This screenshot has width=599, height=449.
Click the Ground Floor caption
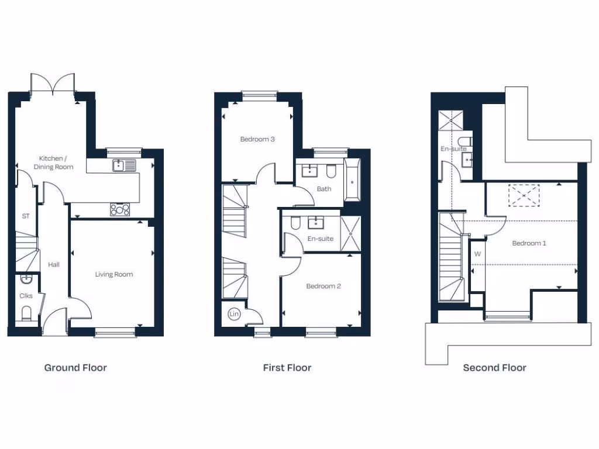75,368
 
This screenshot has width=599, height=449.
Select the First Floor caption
287,368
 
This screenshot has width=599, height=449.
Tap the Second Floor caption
494,368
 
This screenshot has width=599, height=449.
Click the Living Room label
114,274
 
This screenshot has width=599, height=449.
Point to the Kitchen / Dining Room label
56,163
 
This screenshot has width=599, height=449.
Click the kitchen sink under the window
125,165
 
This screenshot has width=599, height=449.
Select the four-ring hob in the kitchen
120,209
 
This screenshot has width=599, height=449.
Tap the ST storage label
26,216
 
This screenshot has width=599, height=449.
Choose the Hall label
54,265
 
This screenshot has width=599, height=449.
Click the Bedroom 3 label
257,139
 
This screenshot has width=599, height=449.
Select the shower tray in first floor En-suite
351,234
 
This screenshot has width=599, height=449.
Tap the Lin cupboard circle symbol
234,315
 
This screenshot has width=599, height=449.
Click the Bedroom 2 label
323,286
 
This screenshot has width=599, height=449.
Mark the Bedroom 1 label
529,243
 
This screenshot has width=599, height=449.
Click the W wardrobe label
477,254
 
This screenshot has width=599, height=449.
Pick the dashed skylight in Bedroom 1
524,195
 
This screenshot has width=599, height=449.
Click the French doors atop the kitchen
53,83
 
